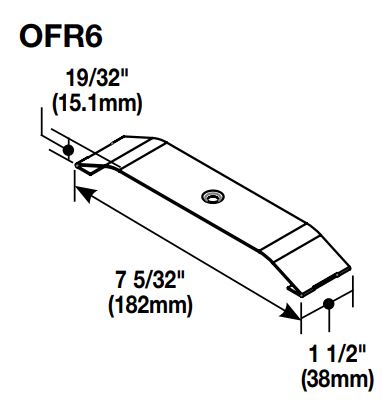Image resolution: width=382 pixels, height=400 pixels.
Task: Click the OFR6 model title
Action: coord(61,37)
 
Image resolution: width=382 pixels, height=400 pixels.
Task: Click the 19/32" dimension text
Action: coord(97,78)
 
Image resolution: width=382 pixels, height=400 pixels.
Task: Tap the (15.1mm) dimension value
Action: coord(97,104)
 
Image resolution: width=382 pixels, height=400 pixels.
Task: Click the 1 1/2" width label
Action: coord(338,354)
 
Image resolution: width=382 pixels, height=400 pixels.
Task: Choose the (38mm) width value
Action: coord(337,379)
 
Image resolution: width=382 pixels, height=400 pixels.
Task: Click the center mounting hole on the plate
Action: coord(212,196)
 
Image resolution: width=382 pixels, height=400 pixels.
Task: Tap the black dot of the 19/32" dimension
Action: coord(68,150)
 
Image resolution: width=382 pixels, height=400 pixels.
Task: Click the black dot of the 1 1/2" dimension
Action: coord(329,304)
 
